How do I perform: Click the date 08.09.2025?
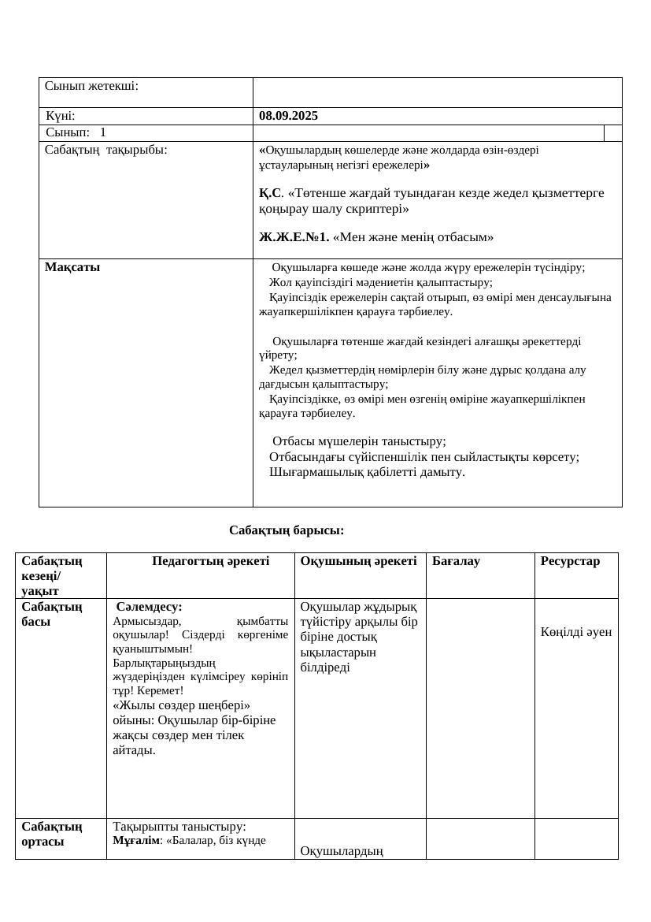[x=288, y=116]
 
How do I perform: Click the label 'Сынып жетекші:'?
[x=91, y=86]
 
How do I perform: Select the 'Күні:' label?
[x=61, y=116]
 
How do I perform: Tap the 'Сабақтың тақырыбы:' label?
[x=105, y=149]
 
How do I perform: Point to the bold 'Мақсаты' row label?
[x=72, y=267]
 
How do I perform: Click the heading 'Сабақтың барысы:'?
[x=287, y=530]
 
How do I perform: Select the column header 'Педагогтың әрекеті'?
[x=210, y=561]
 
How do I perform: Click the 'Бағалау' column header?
[x=456, y=561]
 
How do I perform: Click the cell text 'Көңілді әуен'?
[x=576, y=631]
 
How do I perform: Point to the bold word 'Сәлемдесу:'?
[x=149, y=607]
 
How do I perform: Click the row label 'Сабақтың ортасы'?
[x=52, y=834]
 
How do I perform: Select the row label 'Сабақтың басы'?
[x=52, y=614]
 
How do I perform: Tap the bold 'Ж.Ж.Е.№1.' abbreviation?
[x=294, y=236]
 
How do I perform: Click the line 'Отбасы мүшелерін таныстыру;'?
[x=359, y=441]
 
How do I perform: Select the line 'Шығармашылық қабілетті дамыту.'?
[x=367, y=472]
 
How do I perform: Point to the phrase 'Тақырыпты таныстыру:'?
[x=179, y=827]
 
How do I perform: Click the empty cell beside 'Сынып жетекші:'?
[x=437, y=92]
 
